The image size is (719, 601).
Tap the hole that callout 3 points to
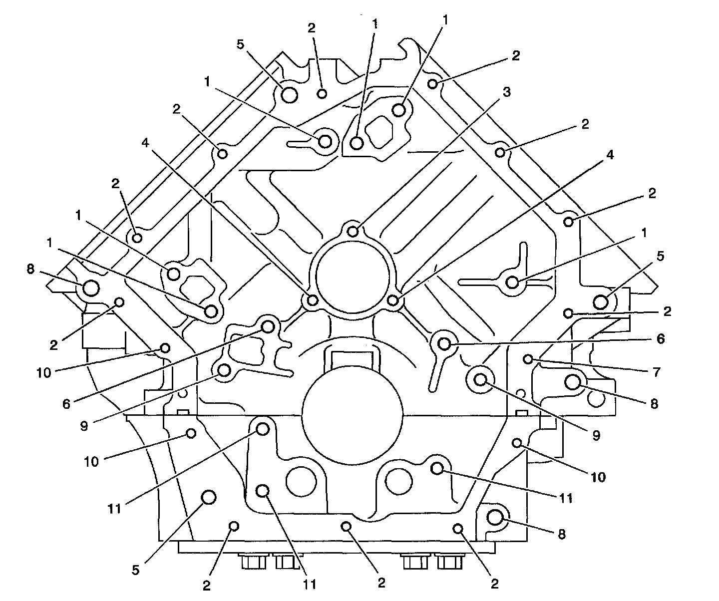tap(353, 231)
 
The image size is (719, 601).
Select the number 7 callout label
tap(656, 372)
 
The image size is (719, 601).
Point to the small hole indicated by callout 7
tap(528, 359)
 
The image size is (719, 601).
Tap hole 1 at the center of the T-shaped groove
tap(512, 282)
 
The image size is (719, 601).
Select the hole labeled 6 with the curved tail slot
tap(444, 343)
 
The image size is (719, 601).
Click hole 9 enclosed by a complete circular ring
tap(481, 380)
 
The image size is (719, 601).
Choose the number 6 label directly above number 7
tap(661, 339)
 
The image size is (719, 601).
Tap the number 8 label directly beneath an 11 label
tap(562, 535)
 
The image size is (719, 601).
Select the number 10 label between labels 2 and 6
tap(44, 372)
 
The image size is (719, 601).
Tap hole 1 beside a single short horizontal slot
tap(325, 141)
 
